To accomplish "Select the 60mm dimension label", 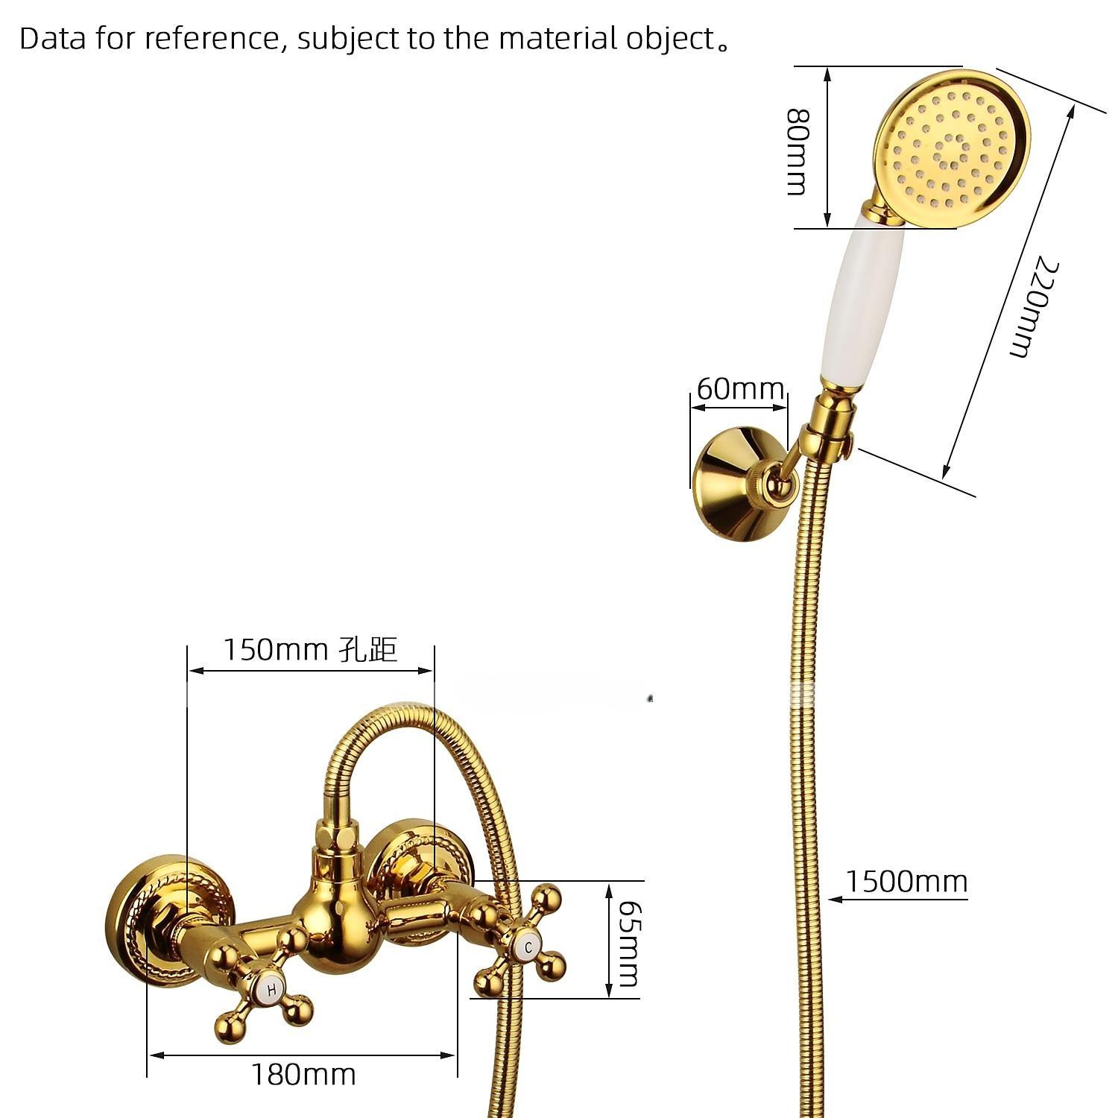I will (739, 388).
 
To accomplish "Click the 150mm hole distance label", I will (310, 649).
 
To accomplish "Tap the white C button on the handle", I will (528, 947).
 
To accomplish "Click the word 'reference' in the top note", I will (211, 39).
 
